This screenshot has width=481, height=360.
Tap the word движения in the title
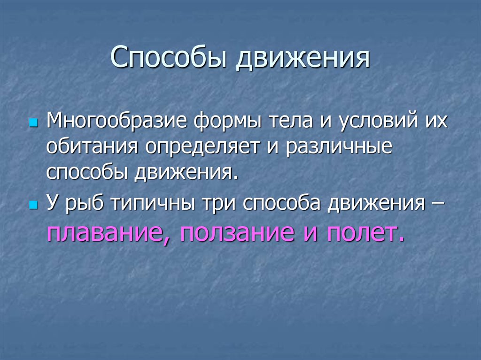[303, 58]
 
